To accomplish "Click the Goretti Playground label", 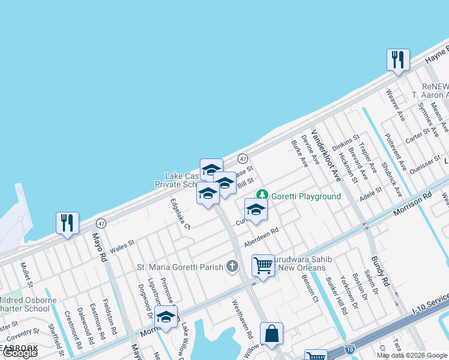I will coord(306,196).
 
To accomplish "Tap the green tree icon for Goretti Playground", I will coord(262,195).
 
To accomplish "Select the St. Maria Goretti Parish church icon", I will coord(233,267).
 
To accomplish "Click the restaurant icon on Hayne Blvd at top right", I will coord(398,59).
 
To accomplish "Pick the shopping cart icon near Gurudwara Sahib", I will coord(263,265).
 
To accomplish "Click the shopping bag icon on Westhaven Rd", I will coord(271,334).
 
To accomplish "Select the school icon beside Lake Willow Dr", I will coord(166,317).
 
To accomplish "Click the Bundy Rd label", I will coord(381,270).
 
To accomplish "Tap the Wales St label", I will coord(121,244).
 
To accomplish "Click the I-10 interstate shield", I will coord(350,349).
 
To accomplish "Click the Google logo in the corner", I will coord(20,353).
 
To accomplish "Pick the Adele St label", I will coord(370,194).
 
